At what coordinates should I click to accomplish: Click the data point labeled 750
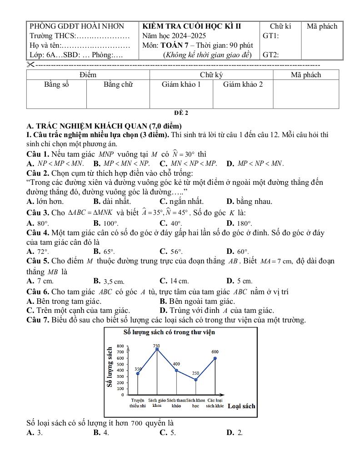pos(157,349)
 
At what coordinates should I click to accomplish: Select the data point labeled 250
pos(196,380)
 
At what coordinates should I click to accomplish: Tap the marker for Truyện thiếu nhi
pos(138,373)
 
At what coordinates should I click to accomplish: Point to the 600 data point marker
pos(215,358)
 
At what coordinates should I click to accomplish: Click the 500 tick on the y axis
pos(120,364)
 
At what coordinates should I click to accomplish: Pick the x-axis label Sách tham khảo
pos(176,403)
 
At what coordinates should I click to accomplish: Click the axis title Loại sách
pos(241,406)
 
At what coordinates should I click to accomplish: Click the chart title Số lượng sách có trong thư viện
pos(169,332)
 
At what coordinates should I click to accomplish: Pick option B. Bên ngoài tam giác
pos(197,301)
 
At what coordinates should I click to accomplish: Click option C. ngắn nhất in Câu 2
pos(182,201)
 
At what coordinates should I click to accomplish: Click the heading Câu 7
pos(38,320)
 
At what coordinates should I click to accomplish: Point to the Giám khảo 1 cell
pos(181,84)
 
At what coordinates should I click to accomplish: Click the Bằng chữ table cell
pos(118,84)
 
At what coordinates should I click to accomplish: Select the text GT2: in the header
pos(271,55)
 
